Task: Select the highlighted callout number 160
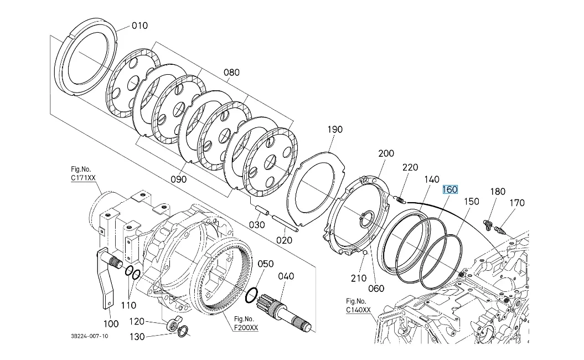click(x=449, y=189)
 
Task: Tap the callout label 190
click(x=335, y=129)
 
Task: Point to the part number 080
click(x=231, y=72)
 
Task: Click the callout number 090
click(x=178, y=179)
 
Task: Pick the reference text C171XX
click(x=83, y=178)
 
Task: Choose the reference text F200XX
click(x=246, y=327)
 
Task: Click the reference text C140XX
click(x=358, y=310)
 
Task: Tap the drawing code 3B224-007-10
click(x=90, y=336)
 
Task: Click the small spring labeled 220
click(x=401, y=199)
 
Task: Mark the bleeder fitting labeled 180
click(x=488, y=224)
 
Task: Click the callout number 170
click(x=516, y=203)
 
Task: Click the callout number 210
click(x=359, y=277)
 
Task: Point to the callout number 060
click(x=376, y=287)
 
